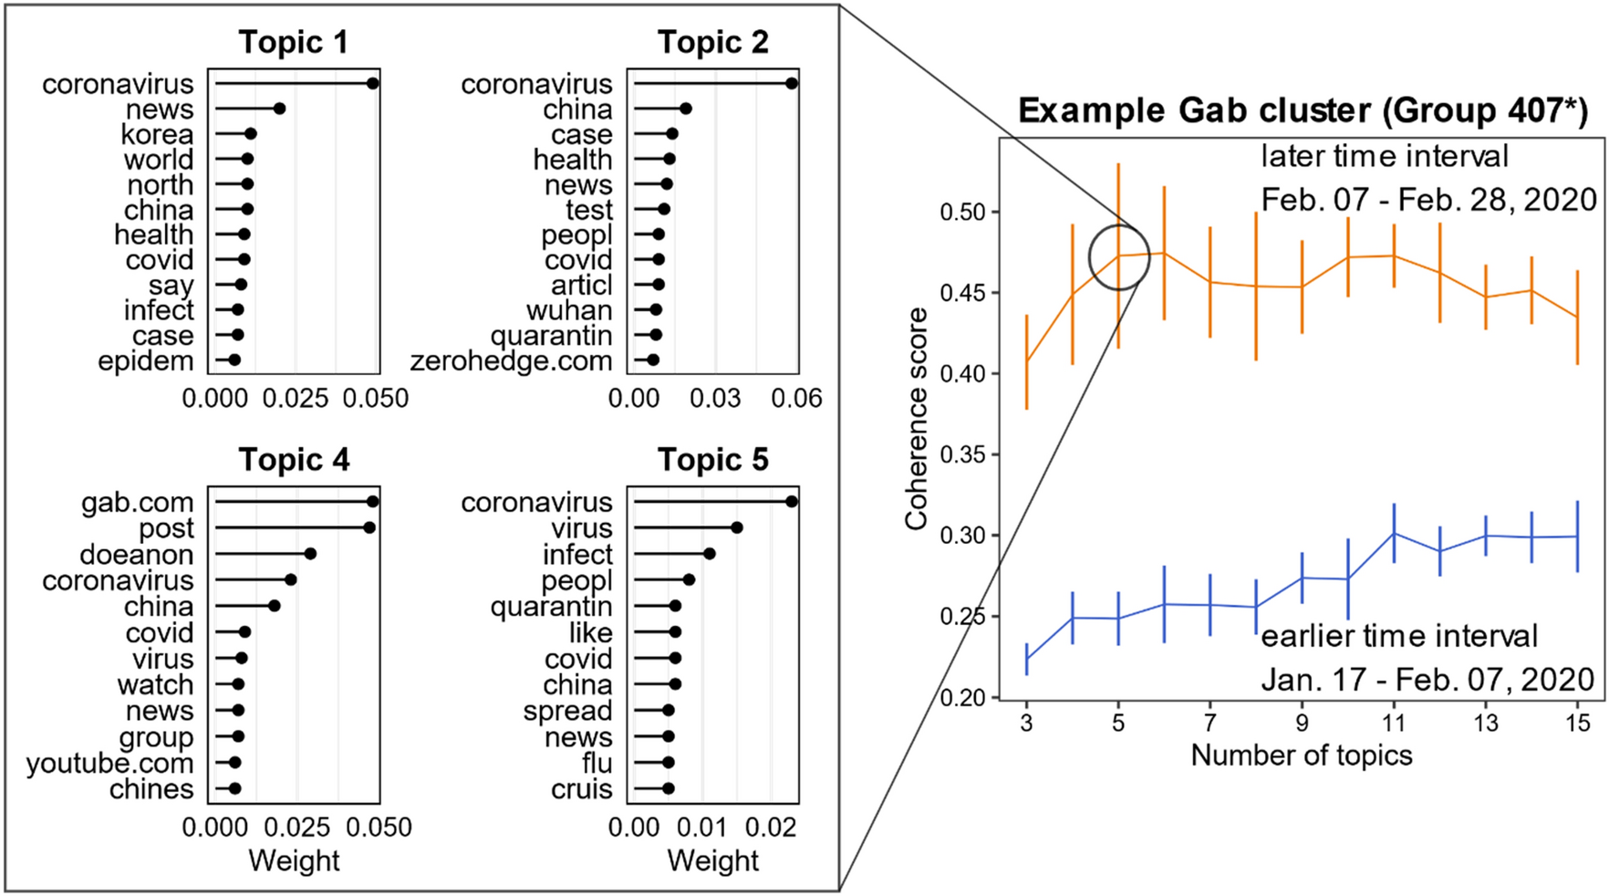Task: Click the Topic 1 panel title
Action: pos(293,42)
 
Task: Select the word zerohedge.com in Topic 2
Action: pos(511,360)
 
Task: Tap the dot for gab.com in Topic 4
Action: pos(372,501)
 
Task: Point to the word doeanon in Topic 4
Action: pos(136,554)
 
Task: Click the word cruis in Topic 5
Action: pos(581,788)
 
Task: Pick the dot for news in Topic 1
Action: pos(279,109)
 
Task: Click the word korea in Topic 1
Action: pos(157,134)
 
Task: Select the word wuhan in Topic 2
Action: pos(568,310)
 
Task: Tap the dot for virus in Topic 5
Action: pos(737,527)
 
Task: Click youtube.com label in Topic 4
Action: pos(109,763)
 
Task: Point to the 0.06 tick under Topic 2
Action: pos(796,398)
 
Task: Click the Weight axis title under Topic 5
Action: pos(712,860)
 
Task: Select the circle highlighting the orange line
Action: pos(1118,257)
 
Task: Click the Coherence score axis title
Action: pos(916,418)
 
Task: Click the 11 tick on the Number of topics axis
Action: pos(1393,723)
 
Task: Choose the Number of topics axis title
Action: pos(1301,755)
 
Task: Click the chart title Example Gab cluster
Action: pos(1303,110)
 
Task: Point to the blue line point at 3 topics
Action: pos(1027,659)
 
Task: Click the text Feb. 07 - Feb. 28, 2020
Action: pos(1428,199)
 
